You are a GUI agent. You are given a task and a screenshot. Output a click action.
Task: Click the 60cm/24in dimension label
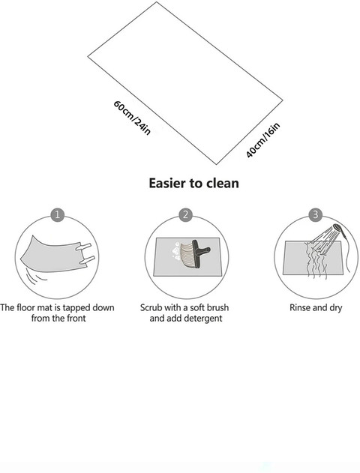132,118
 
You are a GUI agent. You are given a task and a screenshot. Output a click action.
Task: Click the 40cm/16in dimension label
262,140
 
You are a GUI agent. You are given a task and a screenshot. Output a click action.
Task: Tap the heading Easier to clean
193,183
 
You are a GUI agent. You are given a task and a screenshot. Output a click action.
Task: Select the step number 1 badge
57,215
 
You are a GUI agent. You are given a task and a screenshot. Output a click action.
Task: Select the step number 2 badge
185,214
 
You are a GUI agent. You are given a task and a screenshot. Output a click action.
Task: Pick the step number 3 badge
315,214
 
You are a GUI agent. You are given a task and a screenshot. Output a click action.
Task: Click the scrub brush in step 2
194,253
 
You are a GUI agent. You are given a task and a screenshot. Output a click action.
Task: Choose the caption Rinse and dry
316,307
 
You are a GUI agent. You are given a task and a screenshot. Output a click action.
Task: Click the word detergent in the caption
202,319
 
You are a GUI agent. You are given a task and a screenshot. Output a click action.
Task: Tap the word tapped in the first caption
76,308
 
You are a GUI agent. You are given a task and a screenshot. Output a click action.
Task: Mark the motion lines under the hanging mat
35,274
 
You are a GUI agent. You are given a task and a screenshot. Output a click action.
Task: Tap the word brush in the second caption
216,307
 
